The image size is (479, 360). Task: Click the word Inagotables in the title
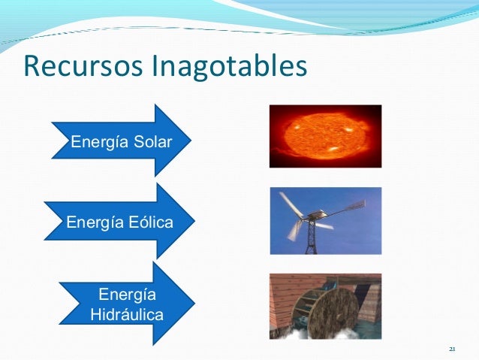tap(230, 66)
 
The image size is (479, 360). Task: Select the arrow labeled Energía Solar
tap(120, 141)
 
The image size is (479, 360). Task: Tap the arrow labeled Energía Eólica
tap(120, 222)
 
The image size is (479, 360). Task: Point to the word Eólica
tap(151, 223)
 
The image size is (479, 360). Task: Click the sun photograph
tap(325, 135)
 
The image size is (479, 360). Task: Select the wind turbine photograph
tap(325, 220)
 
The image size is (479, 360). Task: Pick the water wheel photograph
tap(325, 307)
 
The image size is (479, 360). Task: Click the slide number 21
tap(452, 349)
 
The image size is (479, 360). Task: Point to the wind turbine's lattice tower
tap(308, 238)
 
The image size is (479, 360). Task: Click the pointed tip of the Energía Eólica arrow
tap(194, 222)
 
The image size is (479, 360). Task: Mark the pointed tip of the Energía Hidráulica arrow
tap(194, 303)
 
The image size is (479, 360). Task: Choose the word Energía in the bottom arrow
tap(126, 293)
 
